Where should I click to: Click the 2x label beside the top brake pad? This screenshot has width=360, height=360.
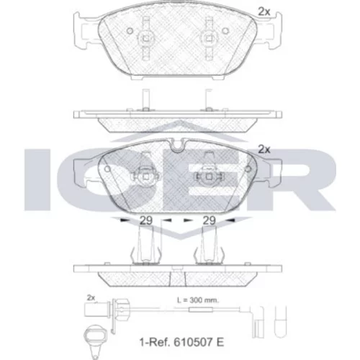[264, 12]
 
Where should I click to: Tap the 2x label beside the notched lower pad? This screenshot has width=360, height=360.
[264, 149]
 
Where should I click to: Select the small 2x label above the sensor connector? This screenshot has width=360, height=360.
[91, 298]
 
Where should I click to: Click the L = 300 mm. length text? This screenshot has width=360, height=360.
[198, 300]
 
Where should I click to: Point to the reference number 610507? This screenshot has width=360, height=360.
[194, 342]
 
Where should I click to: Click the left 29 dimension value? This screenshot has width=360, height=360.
[146, 220]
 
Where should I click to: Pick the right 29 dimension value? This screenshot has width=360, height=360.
[209, 220]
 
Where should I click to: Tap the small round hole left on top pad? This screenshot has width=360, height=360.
[130, 31]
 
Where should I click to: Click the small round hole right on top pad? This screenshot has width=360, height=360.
[225, 31]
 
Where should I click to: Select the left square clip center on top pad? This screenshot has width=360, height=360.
[145, 38]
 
